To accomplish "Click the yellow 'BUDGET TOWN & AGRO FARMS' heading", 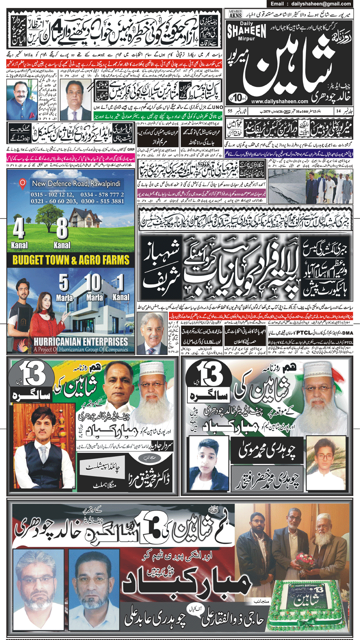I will point(71,261).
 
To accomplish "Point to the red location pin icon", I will point(23,183).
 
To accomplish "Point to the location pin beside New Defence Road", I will point(23,183).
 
